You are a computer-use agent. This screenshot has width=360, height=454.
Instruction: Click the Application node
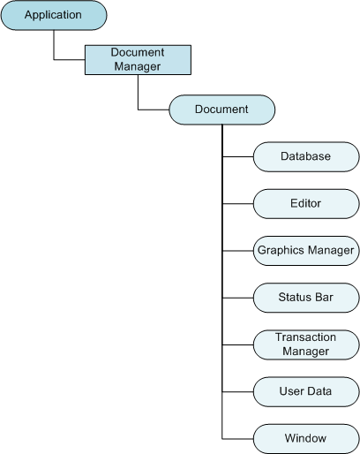54,15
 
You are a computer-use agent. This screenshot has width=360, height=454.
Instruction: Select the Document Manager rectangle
138,60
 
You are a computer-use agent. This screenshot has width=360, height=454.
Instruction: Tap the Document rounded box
222,110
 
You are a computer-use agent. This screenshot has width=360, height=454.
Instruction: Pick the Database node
306,156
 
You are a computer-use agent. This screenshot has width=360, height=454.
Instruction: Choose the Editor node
306,204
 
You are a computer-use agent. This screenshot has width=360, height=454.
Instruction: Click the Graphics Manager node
306,251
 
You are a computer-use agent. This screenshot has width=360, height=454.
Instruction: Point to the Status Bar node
306,298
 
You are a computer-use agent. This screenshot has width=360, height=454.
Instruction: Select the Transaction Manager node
306,344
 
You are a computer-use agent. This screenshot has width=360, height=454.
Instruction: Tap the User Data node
306,392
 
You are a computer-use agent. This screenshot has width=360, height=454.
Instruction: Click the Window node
306,439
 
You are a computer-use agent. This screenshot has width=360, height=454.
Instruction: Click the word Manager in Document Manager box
138,67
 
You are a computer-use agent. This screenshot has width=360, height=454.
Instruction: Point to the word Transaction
305,337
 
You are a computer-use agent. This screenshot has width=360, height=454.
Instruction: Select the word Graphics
281,250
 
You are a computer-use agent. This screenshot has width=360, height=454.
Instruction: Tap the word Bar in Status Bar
324,297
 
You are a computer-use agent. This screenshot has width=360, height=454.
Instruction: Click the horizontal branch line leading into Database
237,156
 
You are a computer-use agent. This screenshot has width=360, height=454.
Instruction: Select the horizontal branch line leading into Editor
237,204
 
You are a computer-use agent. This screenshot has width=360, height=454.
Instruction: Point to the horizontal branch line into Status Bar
237,298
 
